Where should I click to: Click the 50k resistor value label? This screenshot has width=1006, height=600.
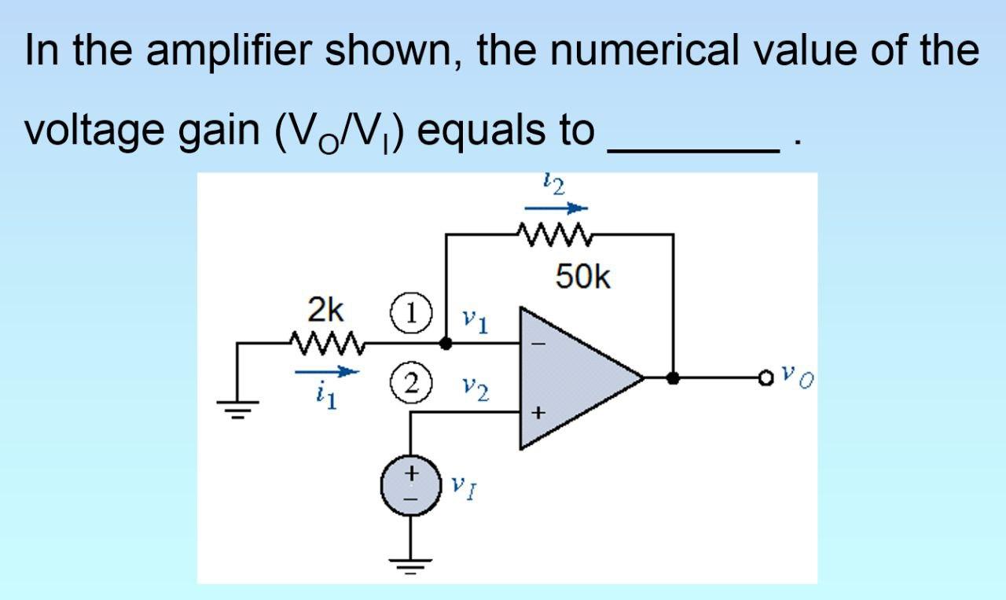[582, 276]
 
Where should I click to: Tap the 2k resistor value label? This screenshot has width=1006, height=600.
[325, 311]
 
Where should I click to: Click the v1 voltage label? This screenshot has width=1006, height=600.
[474, 321]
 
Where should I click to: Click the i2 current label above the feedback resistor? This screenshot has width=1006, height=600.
[554, 186]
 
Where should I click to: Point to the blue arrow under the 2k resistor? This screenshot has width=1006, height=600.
[327, 374]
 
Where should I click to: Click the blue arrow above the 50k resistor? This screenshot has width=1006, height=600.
[556, 208]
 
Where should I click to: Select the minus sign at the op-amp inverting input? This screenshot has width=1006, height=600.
[540, 344]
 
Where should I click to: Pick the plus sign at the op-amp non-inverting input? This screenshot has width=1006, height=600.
[539, 411]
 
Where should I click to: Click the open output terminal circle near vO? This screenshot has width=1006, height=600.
[766, 378]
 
